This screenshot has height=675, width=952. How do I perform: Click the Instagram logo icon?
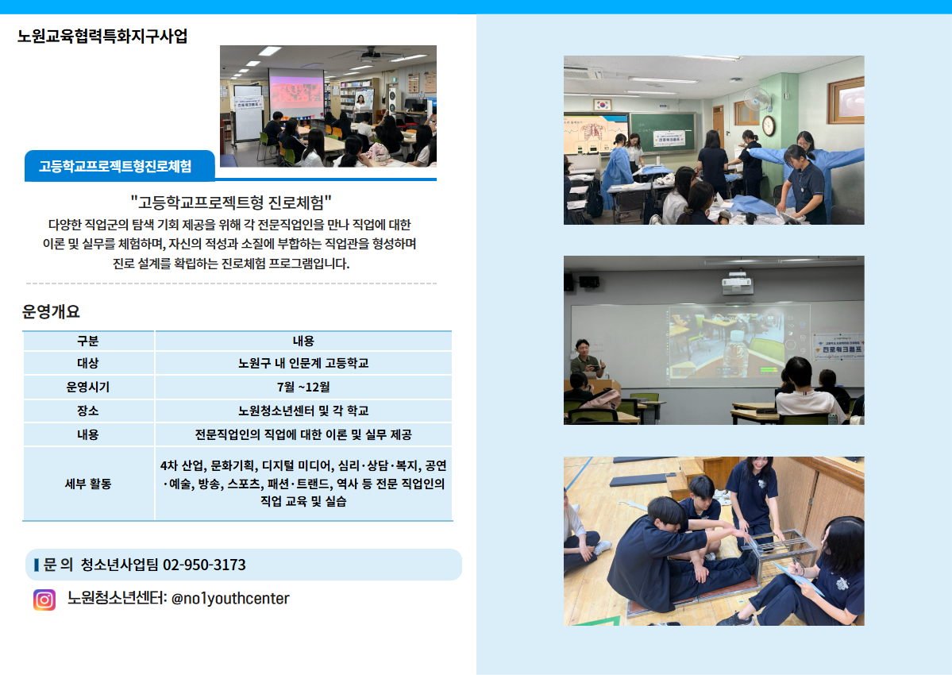pos(44,599)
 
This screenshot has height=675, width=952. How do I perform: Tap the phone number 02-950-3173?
pos(204,565)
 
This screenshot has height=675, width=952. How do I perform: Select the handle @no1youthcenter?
pos(231,599)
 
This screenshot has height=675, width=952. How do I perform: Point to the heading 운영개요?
pos(51,312)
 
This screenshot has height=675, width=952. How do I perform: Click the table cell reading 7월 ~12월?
pos(303,387)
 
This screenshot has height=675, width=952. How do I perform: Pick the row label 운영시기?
pos(88,387)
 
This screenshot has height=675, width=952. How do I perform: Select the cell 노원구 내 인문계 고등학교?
pos(303,363)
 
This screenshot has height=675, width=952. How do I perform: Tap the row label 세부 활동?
pos(88,484)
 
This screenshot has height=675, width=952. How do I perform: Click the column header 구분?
pos(88,341)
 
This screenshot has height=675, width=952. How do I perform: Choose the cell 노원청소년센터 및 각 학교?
pos(303,411)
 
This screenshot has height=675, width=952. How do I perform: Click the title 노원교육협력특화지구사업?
pos(102,37)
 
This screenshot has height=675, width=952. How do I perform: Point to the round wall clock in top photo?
pos(768,125)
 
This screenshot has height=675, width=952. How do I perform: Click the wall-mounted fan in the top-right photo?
pos(757,99)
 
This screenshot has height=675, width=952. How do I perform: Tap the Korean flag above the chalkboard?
pos(603,104)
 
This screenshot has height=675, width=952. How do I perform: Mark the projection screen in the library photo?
pos(295,93)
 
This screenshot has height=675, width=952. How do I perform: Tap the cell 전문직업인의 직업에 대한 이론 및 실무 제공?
pos(303,434)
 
